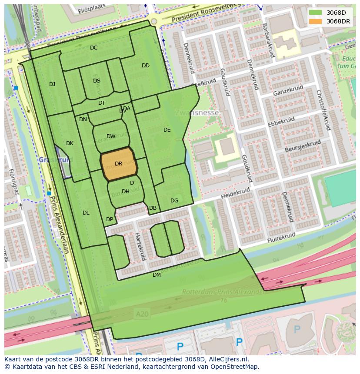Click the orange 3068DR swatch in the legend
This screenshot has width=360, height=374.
click(316, 21)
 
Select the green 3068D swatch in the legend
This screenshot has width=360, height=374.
click(316, 13)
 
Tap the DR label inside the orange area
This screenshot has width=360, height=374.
click(118, 164)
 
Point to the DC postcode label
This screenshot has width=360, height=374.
click(93, 48)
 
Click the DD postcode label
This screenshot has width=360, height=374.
click(146, 66)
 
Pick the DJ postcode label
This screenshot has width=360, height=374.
click(52, 84)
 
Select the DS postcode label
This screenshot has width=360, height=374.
click(97, 81)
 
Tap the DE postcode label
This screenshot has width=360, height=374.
click(167, 130)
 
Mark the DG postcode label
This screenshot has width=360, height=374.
click(174, 201)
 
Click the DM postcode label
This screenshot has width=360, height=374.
click(157, 275)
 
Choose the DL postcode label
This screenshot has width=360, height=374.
click(86, 213)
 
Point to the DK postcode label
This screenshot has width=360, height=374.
click(70, 143)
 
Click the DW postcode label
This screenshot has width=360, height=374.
click(111, 136)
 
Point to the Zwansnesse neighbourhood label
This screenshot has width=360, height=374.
click(197, 113)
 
